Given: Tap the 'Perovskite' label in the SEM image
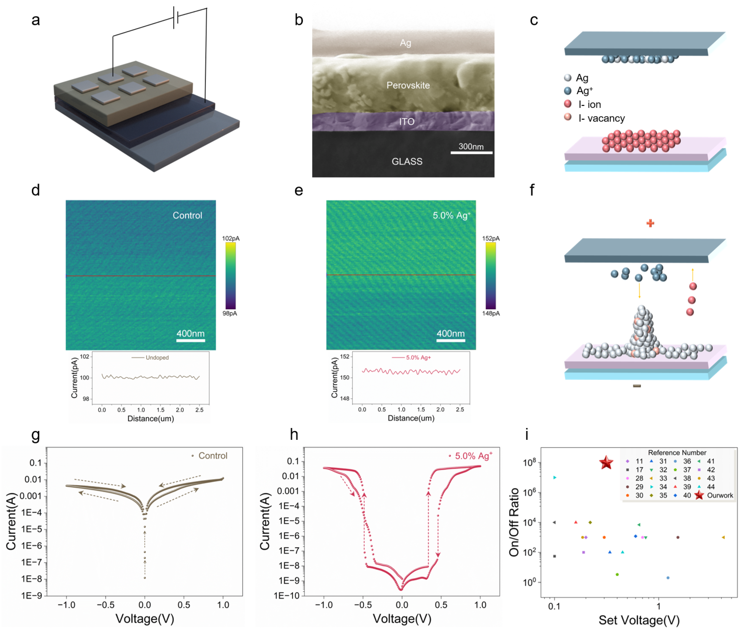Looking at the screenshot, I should (x=408, y=85).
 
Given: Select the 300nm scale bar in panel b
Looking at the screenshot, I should (x=471, y=153).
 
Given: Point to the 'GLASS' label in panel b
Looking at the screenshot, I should (x=407, y=162).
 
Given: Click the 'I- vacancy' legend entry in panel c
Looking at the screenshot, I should (x=601, y=118).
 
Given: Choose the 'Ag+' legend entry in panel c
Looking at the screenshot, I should (x=584, y=91).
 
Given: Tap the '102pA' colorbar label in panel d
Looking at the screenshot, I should (x=230, y=238).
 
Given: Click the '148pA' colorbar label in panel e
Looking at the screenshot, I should (x=491, y=313).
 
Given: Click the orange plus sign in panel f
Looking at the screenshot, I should (x=650, y=223).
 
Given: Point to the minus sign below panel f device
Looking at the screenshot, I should (x=636, y=386).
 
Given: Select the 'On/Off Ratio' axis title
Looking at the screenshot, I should (x=514, y=522).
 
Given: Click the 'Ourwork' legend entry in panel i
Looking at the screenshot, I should (x=720, y=496).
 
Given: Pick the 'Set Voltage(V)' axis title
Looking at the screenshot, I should (x=639, y=620).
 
